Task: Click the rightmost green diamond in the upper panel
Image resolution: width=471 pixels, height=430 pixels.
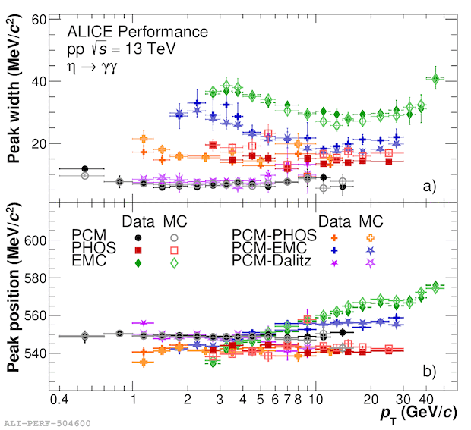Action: (435, 79)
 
